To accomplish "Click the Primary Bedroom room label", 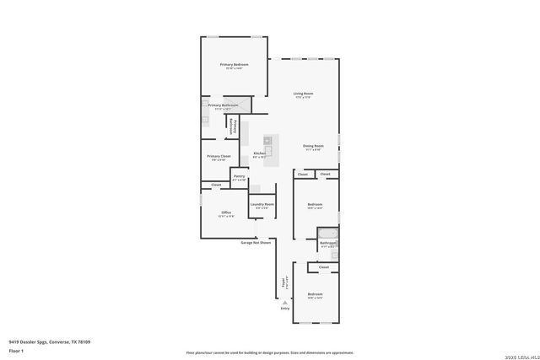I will [x=234, y=65].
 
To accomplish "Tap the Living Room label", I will [x=303, y=94].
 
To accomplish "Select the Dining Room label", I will [x=313, y=146].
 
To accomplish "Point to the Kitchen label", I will [x=260, y=153].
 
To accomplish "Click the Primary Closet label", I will [x=219, y=156].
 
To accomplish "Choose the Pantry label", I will [x=239, y=176].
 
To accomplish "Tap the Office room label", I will [x=226, y=212].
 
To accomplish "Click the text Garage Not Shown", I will [x=256, y=243].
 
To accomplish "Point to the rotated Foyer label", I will [x=284, y=284].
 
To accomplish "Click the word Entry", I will [x=284, y=309].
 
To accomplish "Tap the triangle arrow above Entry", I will [x=284, y=302].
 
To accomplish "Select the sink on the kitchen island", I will [x=267, y=140].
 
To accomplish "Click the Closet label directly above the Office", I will [x=216, y=185].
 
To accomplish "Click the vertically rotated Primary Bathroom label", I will [x=231, y=126].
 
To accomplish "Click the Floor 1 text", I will [x=16, y=350].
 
